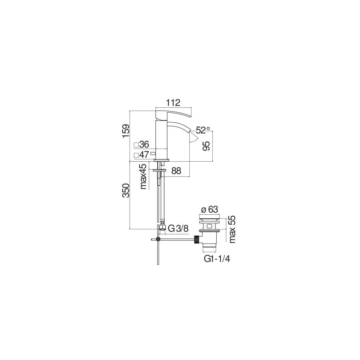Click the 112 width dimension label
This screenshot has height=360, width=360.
[x=173, y=103]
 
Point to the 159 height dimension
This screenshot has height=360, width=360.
[x=126, y=131]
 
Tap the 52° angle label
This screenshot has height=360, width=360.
[x=203, y=130]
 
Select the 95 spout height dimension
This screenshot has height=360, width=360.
[x=207, y=146]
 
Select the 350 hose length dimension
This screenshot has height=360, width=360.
[x=126, y=190]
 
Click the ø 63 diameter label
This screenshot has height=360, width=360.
[x=209, y=209]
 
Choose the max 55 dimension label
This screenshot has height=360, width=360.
[x=232, y=229]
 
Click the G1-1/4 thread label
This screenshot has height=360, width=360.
[x=217, y=259]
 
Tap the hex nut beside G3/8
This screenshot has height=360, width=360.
[x=162, y=227]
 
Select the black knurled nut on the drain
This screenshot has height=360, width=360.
[x=197, y=239]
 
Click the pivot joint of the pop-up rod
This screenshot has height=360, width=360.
[x=158, y=239]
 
